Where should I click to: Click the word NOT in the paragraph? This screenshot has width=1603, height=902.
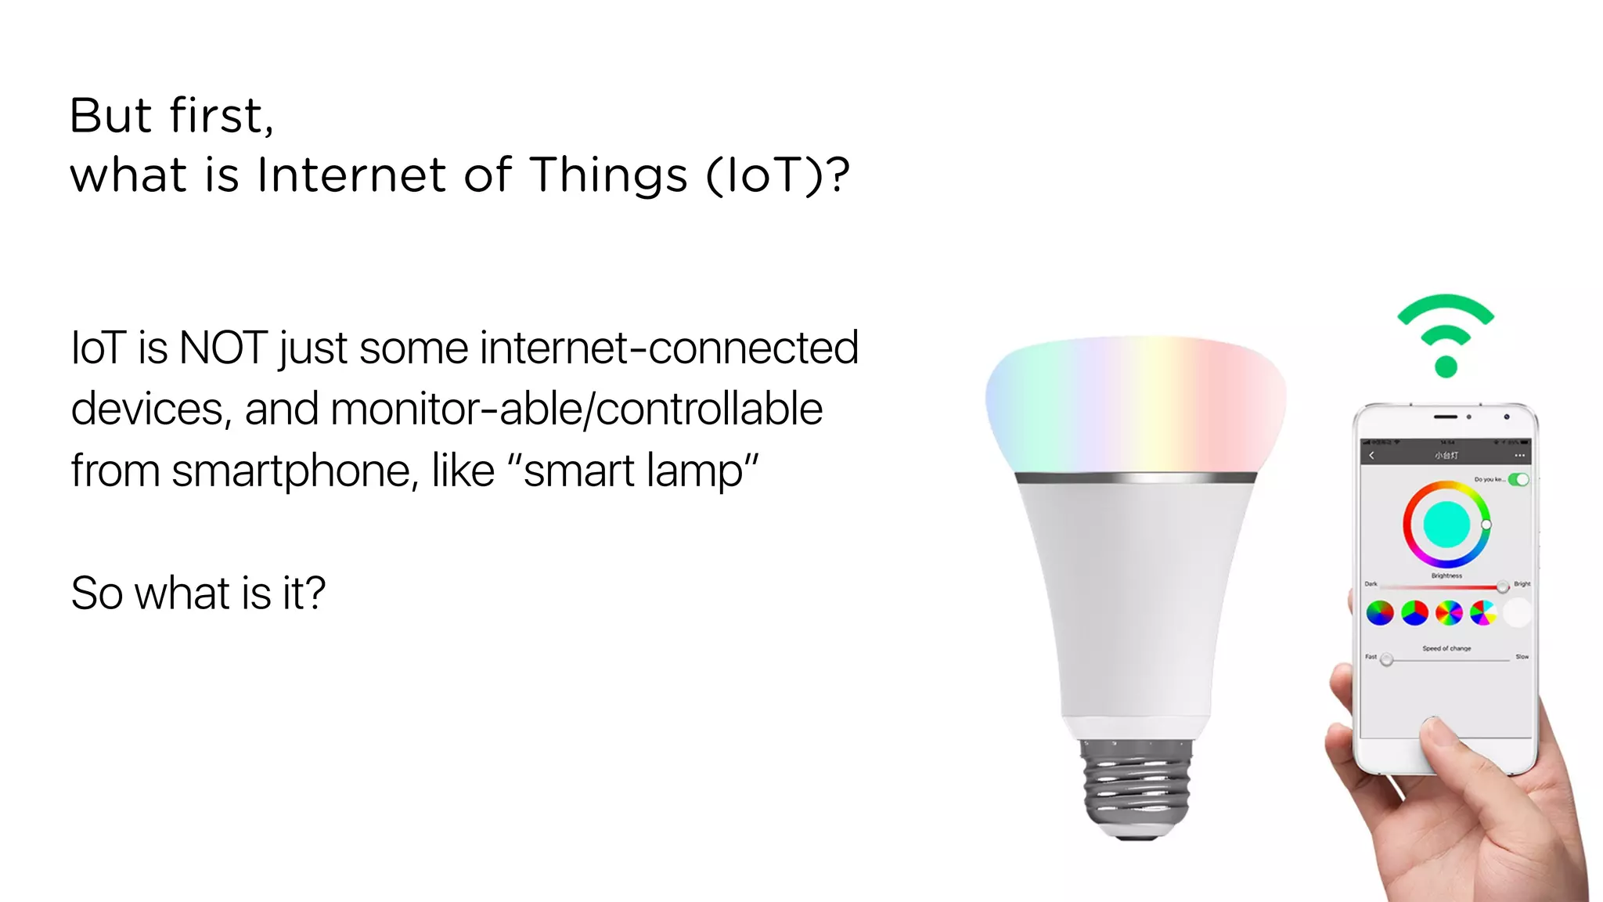[223, 348]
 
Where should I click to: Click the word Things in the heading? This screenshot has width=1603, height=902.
[609, 175]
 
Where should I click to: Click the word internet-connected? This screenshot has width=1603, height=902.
[669, 348]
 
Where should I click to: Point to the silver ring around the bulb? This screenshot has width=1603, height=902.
[1135, 477]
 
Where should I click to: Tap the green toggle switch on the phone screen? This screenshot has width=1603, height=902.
[1518, 479]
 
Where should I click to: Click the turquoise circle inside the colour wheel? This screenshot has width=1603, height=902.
[1446, 525]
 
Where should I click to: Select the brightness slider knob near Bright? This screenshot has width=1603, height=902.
[1502, 586]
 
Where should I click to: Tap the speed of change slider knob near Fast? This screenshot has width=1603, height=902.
[1386, 660]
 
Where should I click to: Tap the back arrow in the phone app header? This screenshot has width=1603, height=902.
[1371, 455]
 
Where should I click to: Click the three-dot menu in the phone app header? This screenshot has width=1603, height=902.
[1519, 455]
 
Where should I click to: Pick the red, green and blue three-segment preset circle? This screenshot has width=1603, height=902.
[1414, 613]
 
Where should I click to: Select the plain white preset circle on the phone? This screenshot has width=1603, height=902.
[1517, 613]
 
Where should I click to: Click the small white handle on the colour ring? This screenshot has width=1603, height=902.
[1486, 524]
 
